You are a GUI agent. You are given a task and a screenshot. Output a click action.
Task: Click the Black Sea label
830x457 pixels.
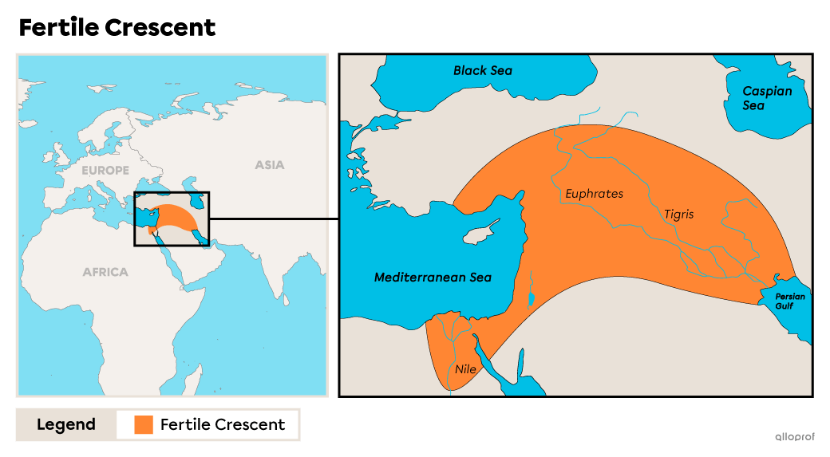482,70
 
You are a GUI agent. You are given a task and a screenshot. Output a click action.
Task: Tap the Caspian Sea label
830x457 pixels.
767,98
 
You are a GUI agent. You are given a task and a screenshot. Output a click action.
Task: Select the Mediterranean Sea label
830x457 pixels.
433,278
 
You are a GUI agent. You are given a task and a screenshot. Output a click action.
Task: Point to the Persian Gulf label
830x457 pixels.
790,301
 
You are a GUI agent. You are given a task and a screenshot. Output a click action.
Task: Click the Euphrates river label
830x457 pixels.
594,194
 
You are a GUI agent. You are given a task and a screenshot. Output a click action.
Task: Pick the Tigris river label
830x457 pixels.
678,215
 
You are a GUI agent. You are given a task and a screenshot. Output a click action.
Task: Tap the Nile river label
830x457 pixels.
465,369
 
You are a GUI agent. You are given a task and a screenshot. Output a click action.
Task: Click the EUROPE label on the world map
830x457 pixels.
105,171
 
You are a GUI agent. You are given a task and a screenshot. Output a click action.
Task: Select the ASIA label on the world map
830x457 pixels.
269,165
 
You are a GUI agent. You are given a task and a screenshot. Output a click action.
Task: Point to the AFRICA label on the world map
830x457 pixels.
105,272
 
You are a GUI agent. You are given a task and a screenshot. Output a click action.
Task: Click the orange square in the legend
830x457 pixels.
144,424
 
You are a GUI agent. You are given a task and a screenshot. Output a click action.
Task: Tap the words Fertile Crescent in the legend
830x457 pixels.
222,424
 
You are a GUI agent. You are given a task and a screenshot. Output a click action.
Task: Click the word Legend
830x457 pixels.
66,424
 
